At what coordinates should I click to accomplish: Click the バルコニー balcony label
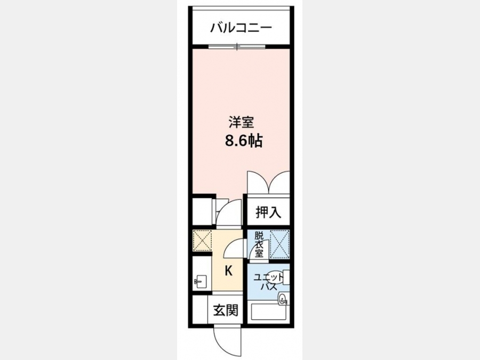241,28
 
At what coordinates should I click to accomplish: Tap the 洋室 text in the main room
241,123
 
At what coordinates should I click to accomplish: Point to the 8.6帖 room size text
244,141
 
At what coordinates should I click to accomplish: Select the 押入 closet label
268,212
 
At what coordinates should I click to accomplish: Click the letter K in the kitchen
228,270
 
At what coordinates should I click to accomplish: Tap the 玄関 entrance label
226,310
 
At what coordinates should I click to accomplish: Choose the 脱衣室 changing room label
259,244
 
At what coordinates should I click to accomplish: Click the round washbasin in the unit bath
282,298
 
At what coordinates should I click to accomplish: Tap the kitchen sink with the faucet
200,281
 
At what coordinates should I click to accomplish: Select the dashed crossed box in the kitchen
202,241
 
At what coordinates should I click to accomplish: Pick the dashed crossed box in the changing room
279,244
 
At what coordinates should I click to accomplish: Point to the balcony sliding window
237,47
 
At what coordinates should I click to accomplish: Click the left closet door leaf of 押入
258,182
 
